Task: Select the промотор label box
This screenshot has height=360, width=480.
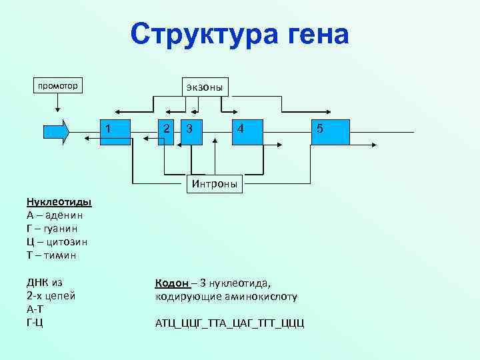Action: [57, 86]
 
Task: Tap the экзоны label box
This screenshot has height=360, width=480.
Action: [206, 87]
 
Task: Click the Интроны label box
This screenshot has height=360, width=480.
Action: [214, 183]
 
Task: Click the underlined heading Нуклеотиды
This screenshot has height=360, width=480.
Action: [59, 202]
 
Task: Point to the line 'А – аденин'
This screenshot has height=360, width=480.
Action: [55, 215]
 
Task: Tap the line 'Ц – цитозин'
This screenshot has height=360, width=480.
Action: [57, 242]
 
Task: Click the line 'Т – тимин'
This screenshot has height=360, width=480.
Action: [51, 255]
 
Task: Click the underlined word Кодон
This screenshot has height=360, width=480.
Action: [171, 283]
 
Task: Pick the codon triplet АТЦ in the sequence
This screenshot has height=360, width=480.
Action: [164, 323]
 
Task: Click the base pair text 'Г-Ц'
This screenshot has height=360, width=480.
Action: [35, 323]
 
